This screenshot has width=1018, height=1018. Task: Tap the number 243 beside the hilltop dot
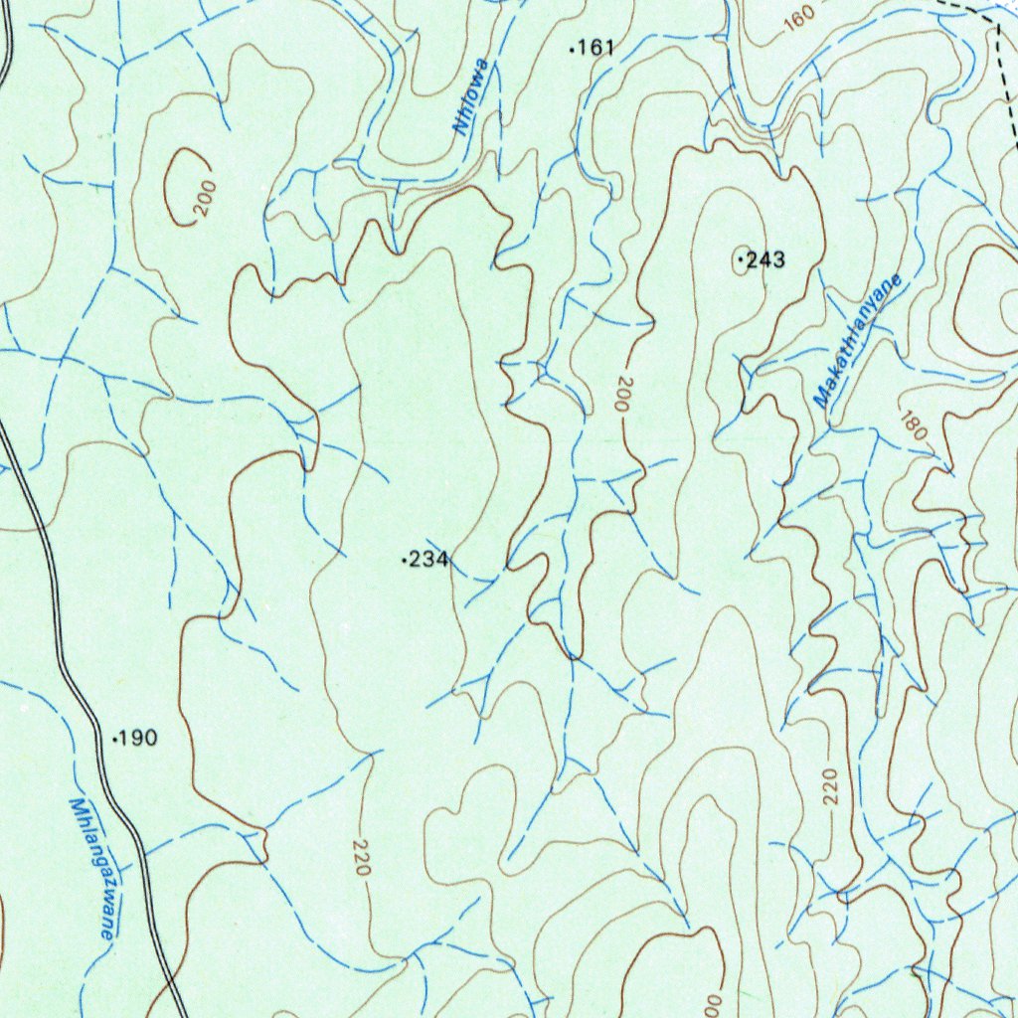pyautogui.click(x=765, y=260)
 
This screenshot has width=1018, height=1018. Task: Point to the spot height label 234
pyautogui.click(x=428, y=561)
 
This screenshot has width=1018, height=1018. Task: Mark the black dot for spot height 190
pyautogui.click(x=115, y=739)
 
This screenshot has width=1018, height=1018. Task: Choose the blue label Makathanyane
pyautogui.click(x=857, y=339)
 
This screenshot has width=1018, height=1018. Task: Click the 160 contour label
pyautogui.click(x=797, y=15)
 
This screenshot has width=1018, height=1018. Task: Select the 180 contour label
pyautogui.click(x=911, y=424)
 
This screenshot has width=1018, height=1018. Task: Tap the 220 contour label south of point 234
pyautogui.click(x=360, y=857)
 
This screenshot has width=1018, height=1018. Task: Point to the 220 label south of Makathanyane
pyautogui.click(x=831, y=786)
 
